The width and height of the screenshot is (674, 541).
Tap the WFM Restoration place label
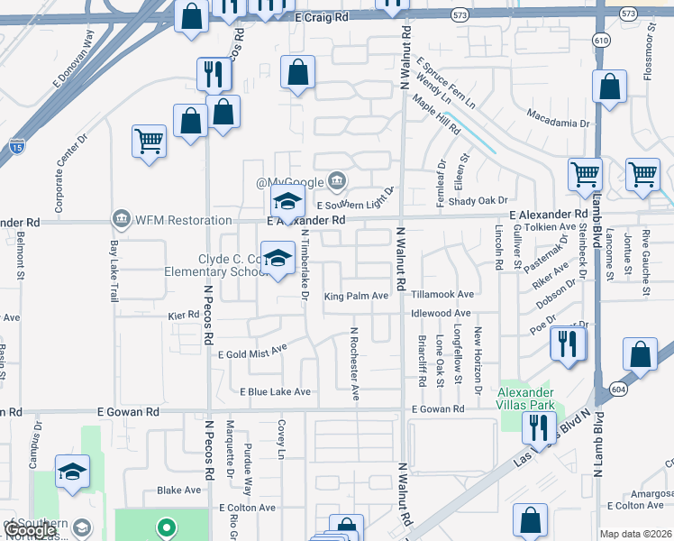point(171,219)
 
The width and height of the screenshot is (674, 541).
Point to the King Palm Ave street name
point(356,295)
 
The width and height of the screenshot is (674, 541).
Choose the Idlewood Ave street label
point(442,314)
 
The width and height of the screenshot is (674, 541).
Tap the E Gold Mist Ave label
point(252,351)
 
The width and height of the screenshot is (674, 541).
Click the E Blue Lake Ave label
point(275,391)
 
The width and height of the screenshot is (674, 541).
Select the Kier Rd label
point(183,315)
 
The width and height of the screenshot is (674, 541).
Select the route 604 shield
point(616,363)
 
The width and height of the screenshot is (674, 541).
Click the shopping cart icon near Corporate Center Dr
point(149,141)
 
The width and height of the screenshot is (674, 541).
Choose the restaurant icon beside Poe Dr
point(568,344)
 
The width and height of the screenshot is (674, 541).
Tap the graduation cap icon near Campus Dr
point(72,472)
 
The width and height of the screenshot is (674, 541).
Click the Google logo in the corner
point(29,531)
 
